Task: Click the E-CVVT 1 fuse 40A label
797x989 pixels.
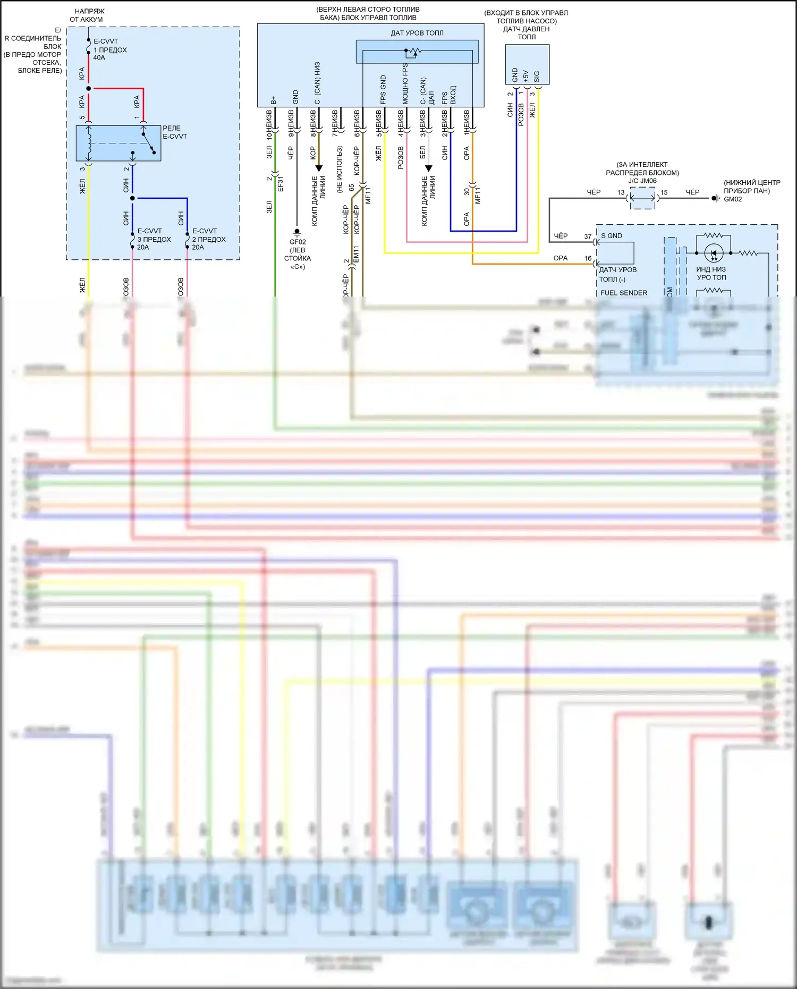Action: coord(110,49)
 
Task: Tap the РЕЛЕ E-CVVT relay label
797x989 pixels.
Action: coord(174,132)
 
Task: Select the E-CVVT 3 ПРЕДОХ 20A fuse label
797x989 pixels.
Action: coord(154,239)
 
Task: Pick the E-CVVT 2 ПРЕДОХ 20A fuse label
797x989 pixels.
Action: coord(208,239)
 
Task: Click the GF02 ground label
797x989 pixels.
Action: coord(298,242)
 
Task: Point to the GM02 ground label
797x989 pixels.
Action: coord(733,199)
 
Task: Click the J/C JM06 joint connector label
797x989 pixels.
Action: coord(642,181)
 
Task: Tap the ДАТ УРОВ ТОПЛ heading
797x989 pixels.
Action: coord(417,33)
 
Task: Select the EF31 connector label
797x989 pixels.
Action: coord(280,183)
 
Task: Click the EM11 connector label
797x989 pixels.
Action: coord(357,253)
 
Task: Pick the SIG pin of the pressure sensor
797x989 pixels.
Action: coord(537,77)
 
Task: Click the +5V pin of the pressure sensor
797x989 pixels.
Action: coord(526,76)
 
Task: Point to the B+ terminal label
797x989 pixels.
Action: coord(274,100)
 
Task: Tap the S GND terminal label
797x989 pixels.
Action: coord(612,236)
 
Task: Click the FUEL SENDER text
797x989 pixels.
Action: coord(624,293)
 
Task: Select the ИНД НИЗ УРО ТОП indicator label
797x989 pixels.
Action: coord(711,273)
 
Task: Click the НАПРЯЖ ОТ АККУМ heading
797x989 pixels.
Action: coord(87,15)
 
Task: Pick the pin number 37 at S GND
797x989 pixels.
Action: coord(588,236)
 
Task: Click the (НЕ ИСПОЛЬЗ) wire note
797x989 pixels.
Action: coord(340,169)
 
